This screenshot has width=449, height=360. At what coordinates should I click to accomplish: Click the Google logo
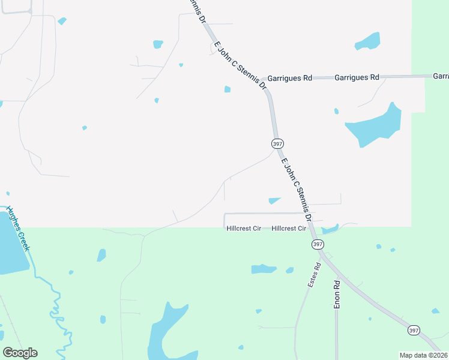[20, 353]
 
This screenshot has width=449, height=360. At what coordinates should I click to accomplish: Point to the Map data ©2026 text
[423, 355]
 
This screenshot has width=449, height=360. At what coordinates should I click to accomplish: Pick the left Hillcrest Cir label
[244, 229]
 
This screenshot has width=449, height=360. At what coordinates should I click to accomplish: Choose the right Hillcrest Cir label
[289, 229]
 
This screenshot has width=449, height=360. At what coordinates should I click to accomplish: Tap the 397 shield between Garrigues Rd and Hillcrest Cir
[277, 144]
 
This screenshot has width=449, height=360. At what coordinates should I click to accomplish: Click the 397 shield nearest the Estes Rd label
[318, 244]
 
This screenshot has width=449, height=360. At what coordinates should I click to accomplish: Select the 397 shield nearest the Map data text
[413, 331]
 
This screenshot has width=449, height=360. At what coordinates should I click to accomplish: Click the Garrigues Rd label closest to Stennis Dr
[290, 78]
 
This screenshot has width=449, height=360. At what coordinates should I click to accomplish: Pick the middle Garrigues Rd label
[357, 77]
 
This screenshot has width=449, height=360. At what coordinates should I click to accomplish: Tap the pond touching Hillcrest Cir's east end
[330, 229]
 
